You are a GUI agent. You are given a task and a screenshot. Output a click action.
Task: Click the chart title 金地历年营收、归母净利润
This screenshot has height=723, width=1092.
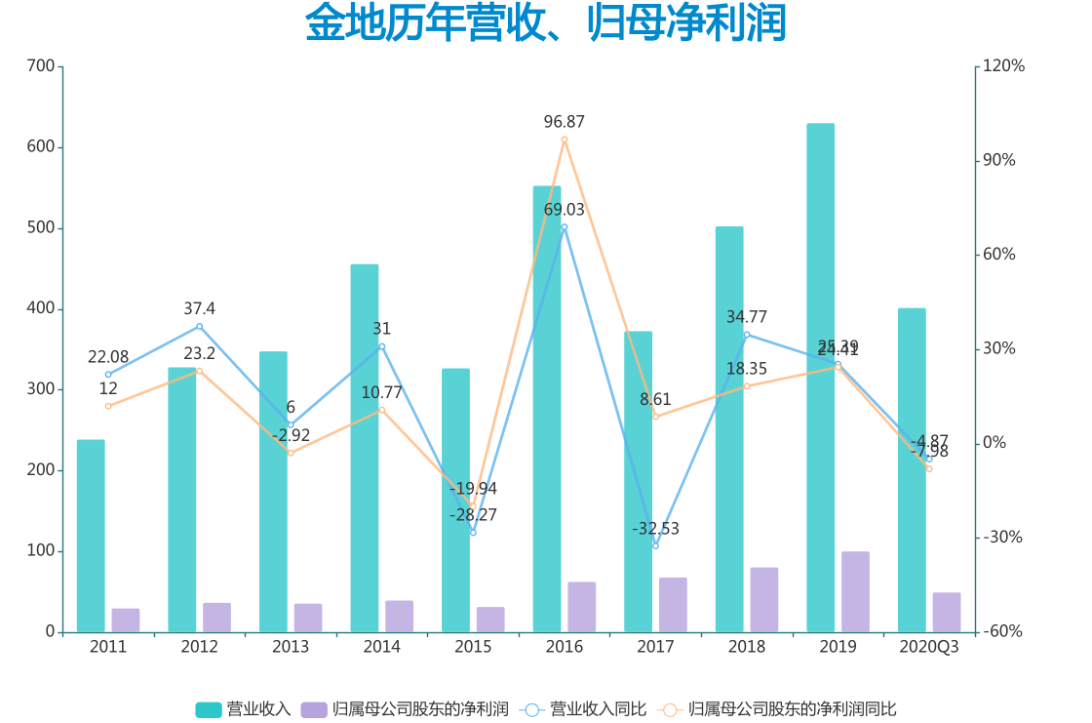(x=545, y=24)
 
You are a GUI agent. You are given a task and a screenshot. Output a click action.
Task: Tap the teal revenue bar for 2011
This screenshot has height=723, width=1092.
(x=91, y=536)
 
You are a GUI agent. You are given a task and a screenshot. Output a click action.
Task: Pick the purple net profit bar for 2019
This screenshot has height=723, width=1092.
(x=855, y=591)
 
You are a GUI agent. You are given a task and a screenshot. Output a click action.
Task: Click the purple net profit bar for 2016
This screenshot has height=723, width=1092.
(x=581, y=607)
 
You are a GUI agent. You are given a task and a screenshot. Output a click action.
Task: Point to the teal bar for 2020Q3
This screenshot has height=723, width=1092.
(x=912, y=469)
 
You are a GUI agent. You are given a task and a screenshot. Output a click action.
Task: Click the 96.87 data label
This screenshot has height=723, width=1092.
(x=565, y=122)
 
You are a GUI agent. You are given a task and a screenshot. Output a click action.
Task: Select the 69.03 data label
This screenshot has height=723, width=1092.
(x=565, y=210)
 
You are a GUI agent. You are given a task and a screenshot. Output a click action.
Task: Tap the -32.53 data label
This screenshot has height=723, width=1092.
(x=655, y=529)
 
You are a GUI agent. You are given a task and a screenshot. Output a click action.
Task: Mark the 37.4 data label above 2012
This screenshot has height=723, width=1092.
(x=199, y=308)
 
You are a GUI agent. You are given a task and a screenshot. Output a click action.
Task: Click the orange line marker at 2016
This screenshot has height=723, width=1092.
(x=565, y=140)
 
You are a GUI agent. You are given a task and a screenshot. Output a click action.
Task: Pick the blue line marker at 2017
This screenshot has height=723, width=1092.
(x=655, y=545)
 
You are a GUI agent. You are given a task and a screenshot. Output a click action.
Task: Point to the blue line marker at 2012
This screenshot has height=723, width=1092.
(x=199, y=326)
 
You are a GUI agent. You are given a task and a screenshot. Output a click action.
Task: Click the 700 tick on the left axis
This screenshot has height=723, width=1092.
(x=41, y=66)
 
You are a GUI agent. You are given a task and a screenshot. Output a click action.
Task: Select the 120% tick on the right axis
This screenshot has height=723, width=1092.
(x=1004, y=66)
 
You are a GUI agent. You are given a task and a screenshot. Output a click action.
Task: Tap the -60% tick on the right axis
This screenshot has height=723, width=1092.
(x=1003, y=631)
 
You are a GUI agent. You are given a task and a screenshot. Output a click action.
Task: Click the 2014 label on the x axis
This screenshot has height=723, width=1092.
(x=381, y=647)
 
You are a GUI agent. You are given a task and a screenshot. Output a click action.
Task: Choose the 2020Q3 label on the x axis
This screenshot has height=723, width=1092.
(x=928, y=647)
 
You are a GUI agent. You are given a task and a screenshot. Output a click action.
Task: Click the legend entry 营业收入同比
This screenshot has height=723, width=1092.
(x=585, y=708)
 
